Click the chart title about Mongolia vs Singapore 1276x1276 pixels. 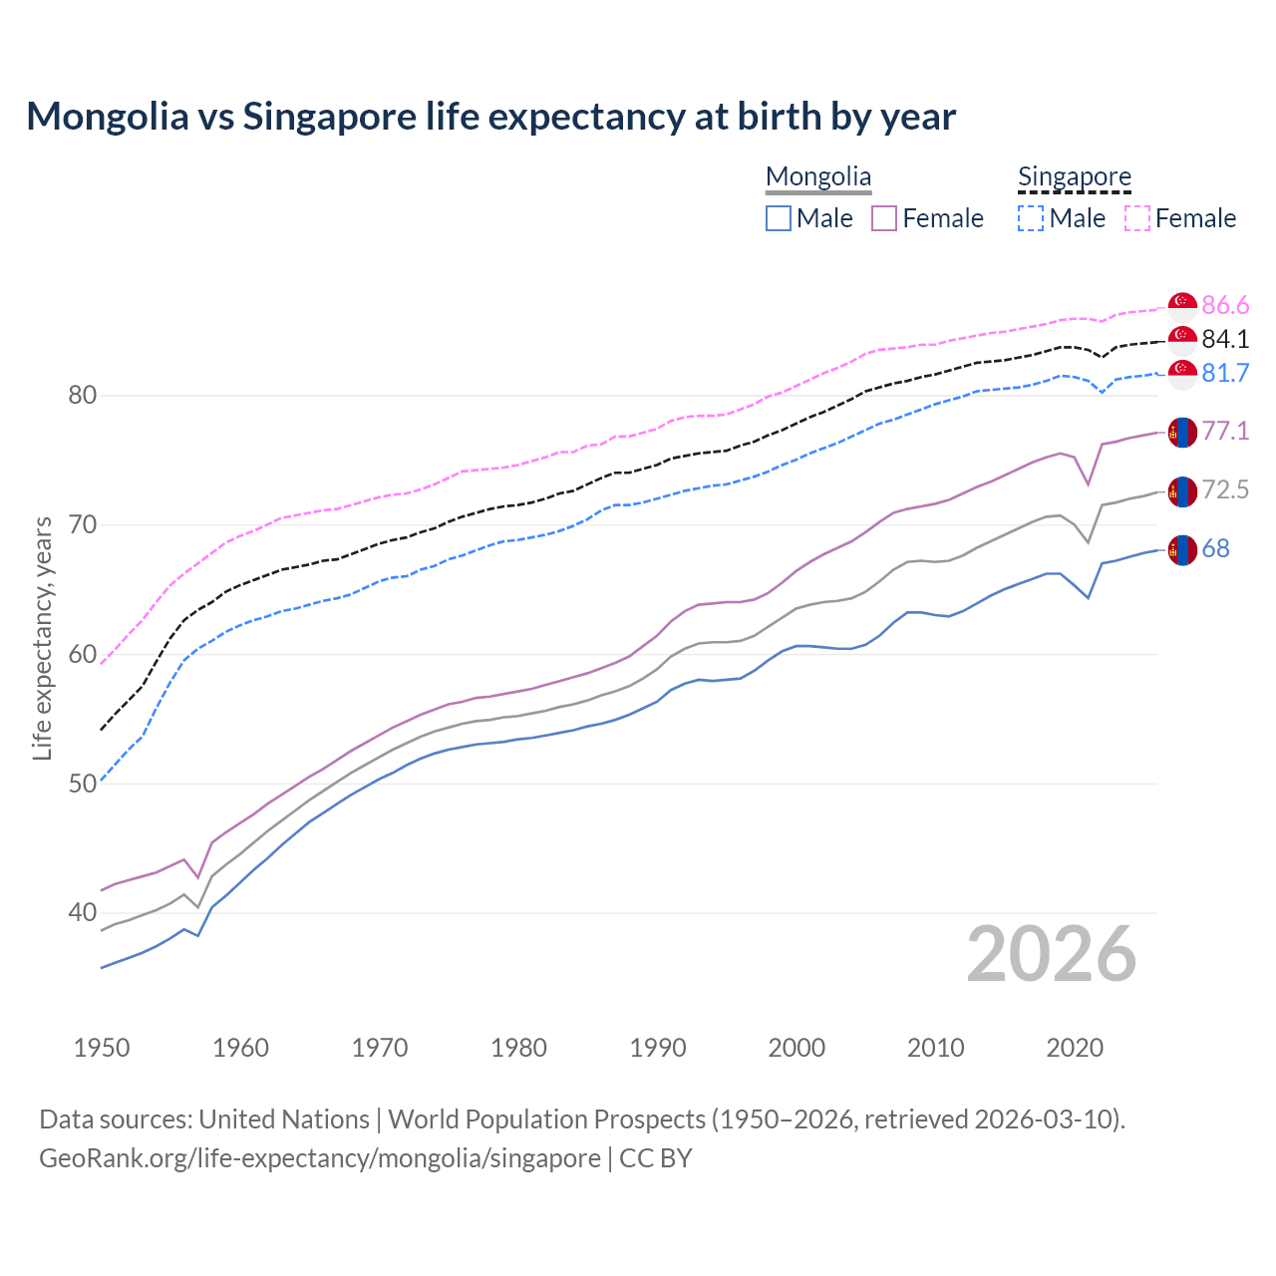click(490, 117)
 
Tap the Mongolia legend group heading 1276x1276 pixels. click(818, 177)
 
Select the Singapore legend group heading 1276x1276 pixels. click(1074, 177)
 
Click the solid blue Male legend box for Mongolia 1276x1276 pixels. click(779, 218)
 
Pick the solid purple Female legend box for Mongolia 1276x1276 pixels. click(884, 218)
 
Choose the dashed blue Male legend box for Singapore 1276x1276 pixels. click(1031, 218)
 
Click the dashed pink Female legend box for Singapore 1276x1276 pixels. click(1137, 218)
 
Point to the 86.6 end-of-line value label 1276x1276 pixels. click(1225, 305)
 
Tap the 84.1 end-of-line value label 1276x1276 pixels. click(1225, 339)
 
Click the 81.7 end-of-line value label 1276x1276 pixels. click(1225, 373)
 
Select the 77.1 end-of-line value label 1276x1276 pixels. click(1225, 431)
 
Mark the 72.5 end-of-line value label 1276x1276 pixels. click(1225, 489)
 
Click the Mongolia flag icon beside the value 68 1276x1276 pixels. click(1182, 549)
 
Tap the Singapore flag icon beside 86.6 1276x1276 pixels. click(1182, 306)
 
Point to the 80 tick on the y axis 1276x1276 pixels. click(83, 396)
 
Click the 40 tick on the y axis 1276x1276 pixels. click(83, 912)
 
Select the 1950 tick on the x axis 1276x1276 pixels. click(102, 1048)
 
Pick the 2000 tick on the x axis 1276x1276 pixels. click(797, 1048)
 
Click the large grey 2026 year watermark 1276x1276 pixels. click(1052, 954)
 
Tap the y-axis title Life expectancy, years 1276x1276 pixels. click(42, 638)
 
